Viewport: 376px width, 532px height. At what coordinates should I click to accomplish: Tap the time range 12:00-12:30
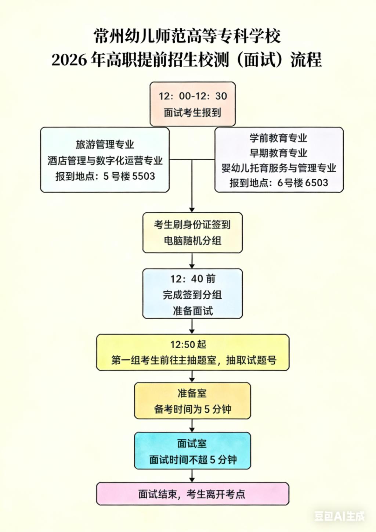tap(192, 96)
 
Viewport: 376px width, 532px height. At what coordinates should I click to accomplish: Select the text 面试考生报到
tap(192, 113)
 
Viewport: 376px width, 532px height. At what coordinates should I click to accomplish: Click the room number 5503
tap(143, 176)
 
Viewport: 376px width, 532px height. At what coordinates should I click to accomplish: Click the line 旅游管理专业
tap(105, 144)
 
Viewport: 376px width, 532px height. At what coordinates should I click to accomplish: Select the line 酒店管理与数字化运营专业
tap(105, 161)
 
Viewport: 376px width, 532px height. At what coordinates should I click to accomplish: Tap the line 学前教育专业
tap(278, 138)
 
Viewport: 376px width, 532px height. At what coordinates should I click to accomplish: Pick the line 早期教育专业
tap(278, 153)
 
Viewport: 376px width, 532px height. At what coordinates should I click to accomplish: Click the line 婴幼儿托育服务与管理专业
tap(278, 168)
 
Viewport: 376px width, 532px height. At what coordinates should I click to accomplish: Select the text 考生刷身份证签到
tap(192, 224)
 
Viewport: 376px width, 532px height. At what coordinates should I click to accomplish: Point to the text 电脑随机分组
tap(192, 241)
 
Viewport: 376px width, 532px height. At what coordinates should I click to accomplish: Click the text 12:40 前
tap(192, 279)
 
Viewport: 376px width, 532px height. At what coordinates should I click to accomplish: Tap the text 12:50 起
tap(188, 344)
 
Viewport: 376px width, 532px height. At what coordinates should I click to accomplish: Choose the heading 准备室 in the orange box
tap(192, 393)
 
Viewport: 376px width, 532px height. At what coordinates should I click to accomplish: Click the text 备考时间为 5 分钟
tap(192, 409)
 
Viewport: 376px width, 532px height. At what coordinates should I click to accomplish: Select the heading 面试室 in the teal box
tap(192, 443)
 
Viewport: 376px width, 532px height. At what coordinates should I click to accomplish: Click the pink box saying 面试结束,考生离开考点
tap(192, 494)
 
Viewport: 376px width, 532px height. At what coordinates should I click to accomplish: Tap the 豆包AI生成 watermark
tap(339, 516)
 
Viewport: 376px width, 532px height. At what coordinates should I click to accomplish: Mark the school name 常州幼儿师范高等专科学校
tap(187, 36)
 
